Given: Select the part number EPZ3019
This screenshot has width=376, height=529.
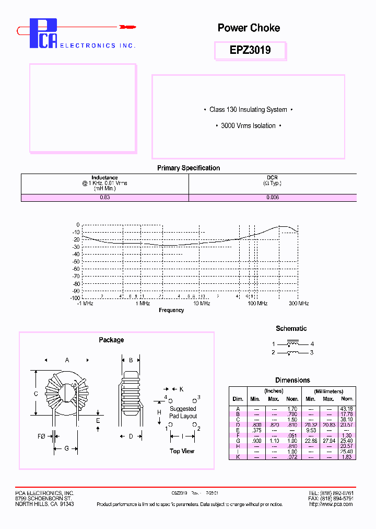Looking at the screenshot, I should pos(250,50).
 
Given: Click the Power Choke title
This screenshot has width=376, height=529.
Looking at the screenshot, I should pos(249,28).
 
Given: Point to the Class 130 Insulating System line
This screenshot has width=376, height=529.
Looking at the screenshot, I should pos(248,110).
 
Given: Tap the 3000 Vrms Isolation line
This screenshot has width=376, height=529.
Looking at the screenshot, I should pos(248,126).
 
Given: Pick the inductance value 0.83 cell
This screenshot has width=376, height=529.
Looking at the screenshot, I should pos(104,198).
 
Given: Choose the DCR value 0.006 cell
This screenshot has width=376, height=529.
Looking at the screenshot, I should pos(272,198).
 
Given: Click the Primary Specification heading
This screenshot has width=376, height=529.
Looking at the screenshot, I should pos(188,168).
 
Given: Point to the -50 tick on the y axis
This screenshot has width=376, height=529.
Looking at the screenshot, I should pos(76,261).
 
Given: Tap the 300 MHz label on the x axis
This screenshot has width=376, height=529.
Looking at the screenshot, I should pos(298,304).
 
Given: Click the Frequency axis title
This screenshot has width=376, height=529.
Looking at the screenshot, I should pos(171,310).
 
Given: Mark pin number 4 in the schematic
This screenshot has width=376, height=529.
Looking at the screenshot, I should pos(312,344).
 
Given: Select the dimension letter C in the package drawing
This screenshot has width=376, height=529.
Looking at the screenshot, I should pos(36,394).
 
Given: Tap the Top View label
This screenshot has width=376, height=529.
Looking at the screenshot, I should pos(182,451).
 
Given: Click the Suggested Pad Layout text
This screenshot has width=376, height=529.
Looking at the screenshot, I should pos(183,412).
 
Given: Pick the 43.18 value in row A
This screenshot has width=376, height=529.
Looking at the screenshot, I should pos(347,409).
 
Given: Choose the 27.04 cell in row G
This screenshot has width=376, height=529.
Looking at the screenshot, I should pos(328,441).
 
